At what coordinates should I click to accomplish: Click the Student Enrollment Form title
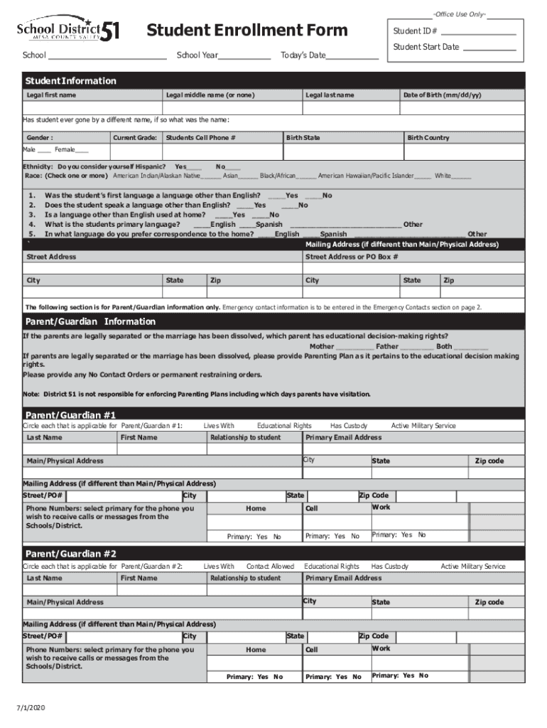(247, 30)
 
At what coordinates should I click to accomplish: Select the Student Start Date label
(426, 48)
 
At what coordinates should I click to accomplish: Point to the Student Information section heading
(70, 81)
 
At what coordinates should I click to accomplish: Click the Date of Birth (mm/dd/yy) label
(442, 95)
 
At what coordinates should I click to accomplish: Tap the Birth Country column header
(428, 137)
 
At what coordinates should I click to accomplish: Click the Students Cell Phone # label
(200, 137)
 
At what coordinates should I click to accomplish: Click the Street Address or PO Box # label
(352, 257)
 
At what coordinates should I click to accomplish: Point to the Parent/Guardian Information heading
(90, 321)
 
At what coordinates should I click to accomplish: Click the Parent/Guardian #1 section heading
(70, 414)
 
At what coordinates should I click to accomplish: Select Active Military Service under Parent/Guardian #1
(423, 425)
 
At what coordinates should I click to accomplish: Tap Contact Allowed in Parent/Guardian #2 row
(270, 566)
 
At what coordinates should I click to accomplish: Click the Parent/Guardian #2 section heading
(70, 553)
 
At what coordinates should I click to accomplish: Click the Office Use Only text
(460, 14)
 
